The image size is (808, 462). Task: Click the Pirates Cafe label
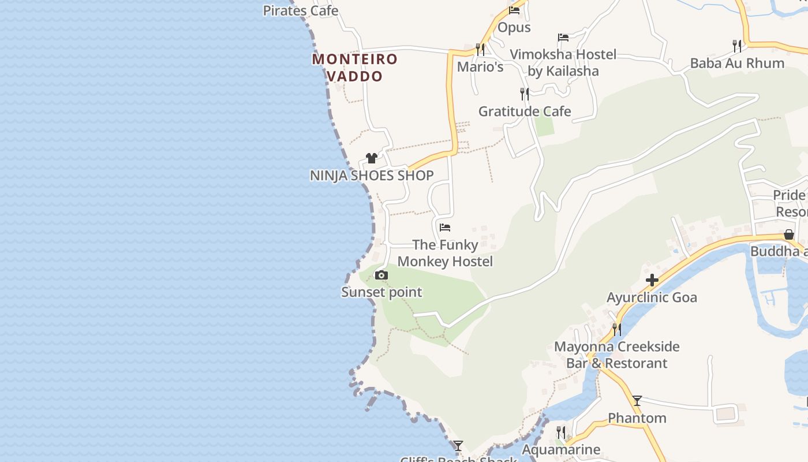[x=300, y=10]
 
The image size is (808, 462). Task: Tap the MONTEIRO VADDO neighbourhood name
[x=355, y=68]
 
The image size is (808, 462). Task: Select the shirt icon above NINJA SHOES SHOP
[x=372, y=158]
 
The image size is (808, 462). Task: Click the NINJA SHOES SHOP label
[x=372, y=176]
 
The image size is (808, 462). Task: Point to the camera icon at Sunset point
[x=381, y=275]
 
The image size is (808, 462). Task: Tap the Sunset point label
[x=381, y=292]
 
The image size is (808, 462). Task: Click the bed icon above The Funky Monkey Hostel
[x=445, y=228]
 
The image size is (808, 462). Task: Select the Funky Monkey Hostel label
[x=445, y=253]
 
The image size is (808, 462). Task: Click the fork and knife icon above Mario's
[x=480, y=49]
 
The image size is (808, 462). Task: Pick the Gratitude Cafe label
[x=525, y=111]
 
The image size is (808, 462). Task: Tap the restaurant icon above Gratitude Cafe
[x=525, y=94]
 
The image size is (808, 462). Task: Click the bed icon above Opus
[x=514, y=10]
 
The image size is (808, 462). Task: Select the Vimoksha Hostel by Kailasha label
[x=563, y=63]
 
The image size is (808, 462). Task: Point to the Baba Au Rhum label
[x=737, y=63]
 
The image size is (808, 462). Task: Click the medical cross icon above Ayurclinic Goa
[x=652, y=281]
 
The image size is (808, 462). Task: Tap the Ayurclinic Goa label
[x=652, y=297]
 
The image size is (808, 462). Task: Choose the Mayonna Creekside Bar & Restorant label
[x=617, y=355]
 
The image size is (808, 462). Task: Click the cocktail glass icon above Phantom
[x=637, y=401]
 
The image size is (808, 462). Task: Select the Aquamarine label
[x=561, y=449]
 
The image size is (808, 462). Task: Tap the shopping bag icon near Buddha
[x=789, y=234]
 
